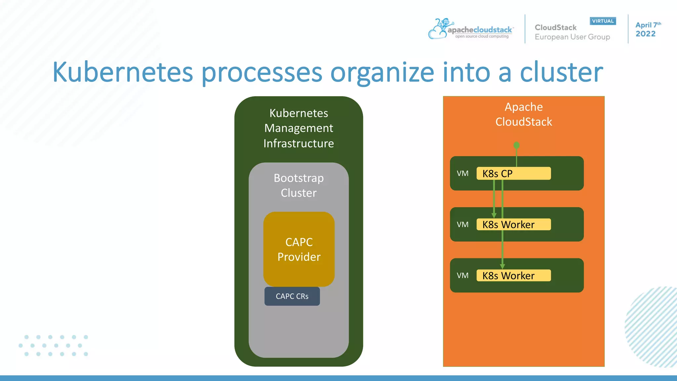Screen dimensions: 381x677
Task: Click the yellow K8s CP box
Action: (513, 173)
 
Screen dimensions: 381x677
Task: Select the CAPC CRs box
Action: (292, 296)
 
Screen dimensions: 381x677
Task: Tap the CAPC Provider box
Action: (299, 249)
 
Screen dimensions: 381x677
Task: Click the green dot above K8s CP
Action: (516, 145)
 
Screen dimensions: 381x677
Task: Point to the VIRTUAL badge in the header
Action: (603, 21)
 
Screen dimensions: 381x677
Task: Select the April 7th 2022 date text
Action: (647, 29)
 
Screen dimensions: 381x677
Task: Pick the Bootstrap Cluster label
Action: (299, 185)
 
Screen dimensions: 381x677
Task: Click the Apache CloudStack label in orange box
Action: (524, 114)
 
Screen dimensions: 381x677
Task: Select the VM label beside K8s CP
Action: (462, 174)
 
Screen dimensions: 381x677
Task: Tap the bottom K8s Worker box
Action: (513, 275)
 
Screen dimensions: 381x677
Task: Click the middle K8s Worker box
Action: (513, 225)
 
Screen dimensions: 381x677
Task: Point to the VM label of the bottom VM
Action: (462, 275)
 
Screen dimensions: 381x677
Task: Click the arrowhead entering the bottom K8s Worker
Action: (502, 266)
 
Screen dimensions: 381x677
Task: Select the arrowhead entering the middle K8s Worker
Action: (494, 215)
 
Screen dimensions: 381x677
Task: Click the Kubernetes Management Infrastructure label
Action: (299, 128)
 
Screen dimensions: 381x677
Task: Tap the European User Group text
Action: (572, 37)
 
